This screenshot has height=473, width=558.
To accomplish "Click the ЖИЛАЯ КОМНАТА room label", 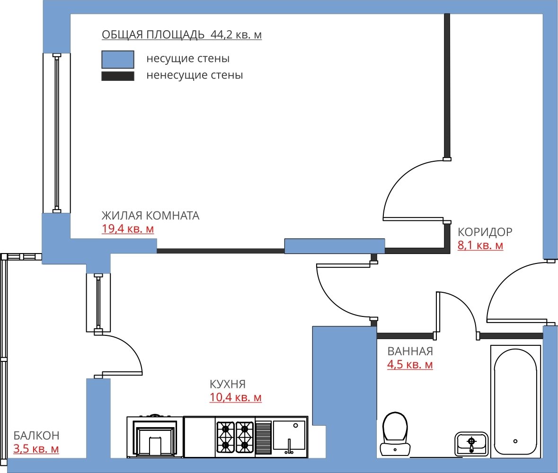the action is [x=151, y=216].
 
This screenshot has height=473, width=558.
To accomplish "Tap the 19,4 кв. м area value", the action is [x=128, y=228].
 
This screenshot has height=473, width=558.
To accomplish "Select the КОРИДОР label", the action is [x=485, y=232].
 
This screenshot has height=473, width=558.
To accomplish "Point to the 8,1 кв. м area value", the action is [x=480, y=245].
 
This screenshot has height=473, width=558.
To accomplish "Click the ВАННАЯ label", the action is [x=410, y=351].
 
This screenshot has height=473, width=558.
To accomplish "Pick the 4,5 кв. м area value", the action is [x=410, y=365].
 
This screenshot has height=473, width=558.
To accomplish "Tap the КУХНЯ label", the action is [x=228, y=384].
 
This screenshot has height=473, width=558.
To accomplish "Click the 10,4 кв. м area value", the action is [x=236, y=397].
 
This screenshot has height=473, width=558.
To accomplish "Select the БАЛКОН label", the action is [x=36, y=435].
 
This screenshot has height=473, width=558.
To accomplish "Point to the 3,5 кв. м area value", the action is [x=36, y=449].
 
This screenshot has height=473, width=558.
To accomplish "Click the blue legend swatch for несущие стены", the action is [x=118, y=60].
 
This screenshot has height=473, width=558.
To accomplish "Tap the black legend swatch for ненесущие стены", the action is [x=118, y=76].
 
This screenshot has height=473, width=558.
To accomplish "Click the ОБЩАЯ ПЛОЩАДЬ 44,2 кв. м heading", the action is [x=181, y=35].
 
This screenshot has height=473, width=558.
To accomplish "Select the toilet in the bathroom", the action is [x=395, y=434].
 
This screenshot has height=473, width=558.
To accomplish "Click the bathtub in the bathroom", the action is [x=516, y=401].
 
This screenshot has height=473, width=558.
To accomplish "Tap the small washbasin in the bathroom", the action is [x=471, y=444].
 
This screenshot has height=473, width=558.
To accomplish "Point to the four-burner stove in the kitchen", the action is [x=235, y=437].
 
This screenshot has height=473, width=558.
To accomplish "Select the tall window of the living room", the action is [x=57, y=133].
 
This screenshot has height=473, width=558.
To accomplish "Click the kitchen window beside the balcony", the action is [x=98, y=303].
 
